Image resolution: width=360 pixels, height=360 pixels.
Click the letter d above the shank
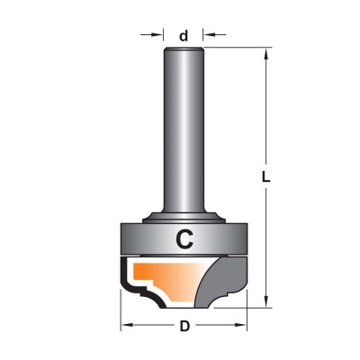pyautogui.click(x=184, y=36)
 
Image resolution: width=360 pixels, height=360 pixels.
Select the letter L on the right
pyautogui.click(x=265, y=177)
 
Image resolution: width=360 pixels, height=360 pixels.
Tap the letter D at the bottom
pyautogui.click(x=184, y=326)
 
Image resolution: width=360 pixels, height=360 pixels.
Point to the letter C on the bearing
pyautogui.click(x=184, y=238)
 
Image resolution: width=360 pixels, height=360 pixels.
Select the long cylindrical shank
pyautogui.click(x=184, y=129)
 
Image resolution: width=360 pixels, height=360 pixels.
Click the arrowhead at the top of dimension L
pyautogui.click(x=265, y=56)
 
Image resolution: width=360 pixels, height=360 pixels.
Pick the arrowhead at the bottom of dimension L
pyautogui.click(x=265, y=300)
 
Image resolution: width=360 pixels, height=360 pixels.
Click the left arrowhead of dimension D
pyautogui.click(x=128, y=325)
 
